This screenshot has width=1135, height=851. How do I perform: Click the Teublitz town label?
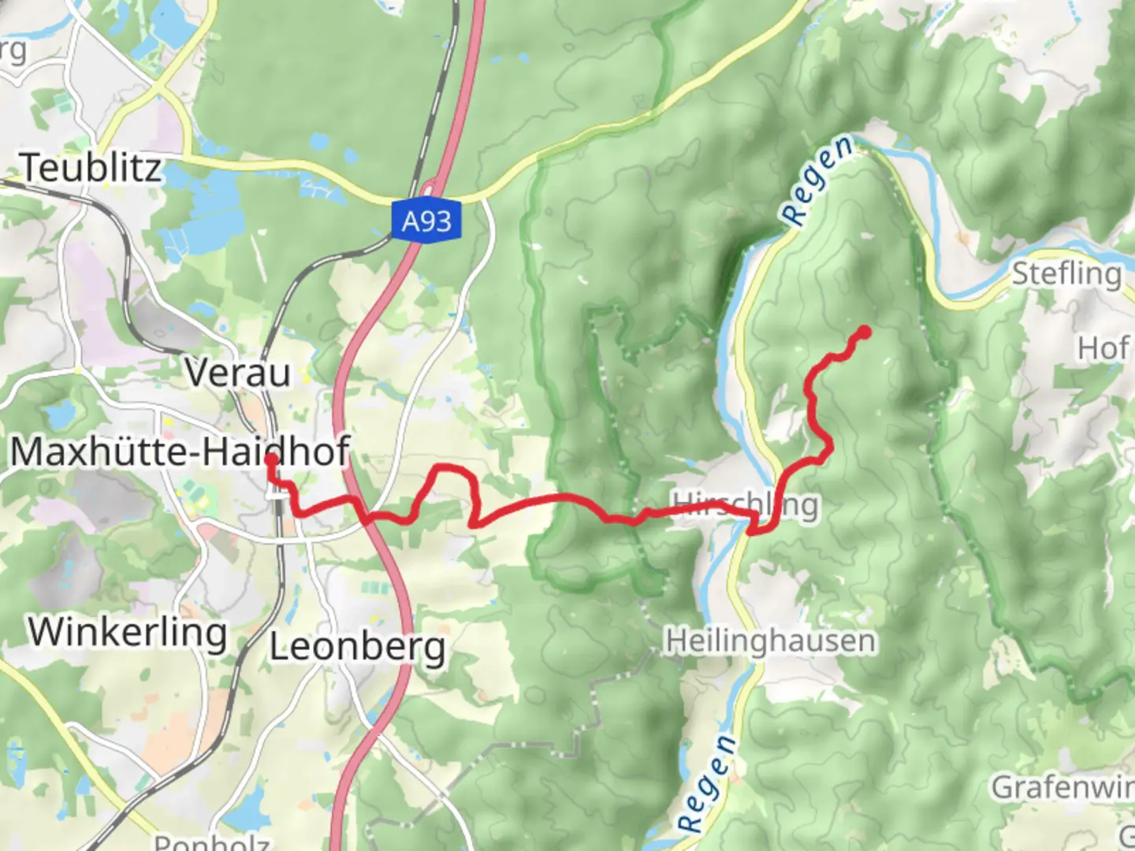coord(91,167)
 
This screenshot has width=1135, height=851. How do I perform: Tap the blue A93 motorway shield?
coord(426,221)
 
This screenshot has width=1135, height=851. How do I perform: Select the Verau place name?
coord(238,372)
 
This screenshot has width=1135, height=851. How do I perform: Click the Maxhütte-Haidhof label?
coord(180,452)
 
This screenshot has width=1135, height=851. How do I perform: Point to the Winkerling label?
coord(128,632)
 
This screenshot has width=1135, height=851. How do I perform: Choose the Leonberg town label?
coord(358,647)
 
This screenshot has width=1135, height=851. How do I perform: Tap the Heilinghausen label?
coord(770,641)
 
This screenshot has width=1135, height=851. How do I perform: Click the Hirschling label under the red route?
coord(745,504)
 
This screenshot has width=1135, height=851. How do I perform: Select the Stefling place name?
coord(1066,274)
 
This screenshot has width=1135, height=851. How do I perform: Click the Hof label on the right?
coord(1103,347)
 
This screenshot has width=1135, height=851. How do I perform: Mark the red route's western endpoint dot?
coord(270,459)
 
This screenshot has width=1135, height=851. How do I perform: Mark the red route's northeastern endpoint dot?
coord(865,332)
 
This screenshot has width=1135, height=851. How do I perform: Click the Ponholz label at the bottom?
coord(211,842)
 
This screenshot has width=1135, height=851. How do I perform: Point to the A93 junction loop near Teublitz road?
coord(430,188)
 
